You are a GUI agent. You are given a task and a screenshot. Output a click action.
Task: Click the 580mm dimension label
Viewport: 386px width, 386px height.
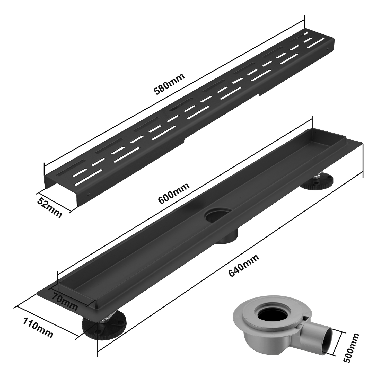point(169,84)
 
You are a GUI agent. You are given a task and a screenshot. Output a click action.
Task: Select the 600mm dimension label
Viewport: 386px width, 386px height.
point(174,193)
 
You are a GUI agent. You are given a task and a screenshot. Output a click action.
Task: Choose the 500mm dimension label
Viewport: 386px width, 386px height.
point(352,348)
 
